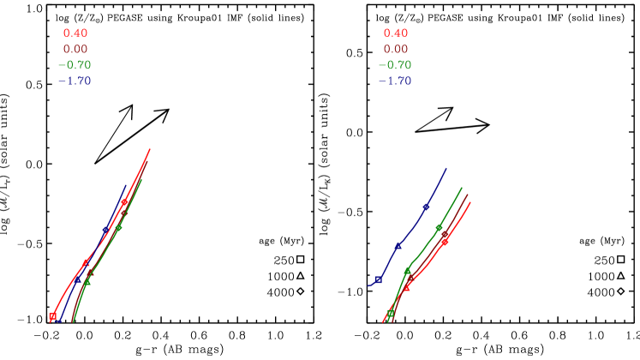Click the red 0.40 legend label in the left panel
click(75, 33)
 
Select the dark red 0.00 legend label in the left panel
click(75, 50)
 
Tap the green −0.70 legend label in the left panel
click(74, 65)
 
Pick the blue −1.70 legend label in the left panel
click(74, 81)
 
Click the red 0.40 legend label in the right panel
click(395, 33)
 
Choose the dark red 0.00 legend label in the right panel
click(395, 50)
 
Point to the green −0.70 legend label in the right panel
click(394, 65)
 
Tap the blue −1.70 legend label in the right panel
click(394, 81)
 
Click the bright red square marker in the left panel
click(52, 316)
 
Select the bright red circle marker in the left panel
click(125, 202)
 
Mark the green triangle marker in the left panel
click(87, 281)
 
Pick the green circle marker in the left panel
click(119, 227)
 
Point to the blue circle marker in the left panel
click(106, 230)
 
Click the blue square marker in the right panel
click(378, 279)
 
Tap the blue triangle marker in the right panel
click(398, 246)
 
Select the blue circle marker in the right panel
click(426, 207)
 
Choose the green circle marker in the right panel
click(440, 227)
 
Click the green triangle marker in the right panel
click(408, 270)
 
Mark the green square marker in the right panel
click(391, 313)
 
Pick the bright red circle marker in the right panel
click(445, 242)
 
